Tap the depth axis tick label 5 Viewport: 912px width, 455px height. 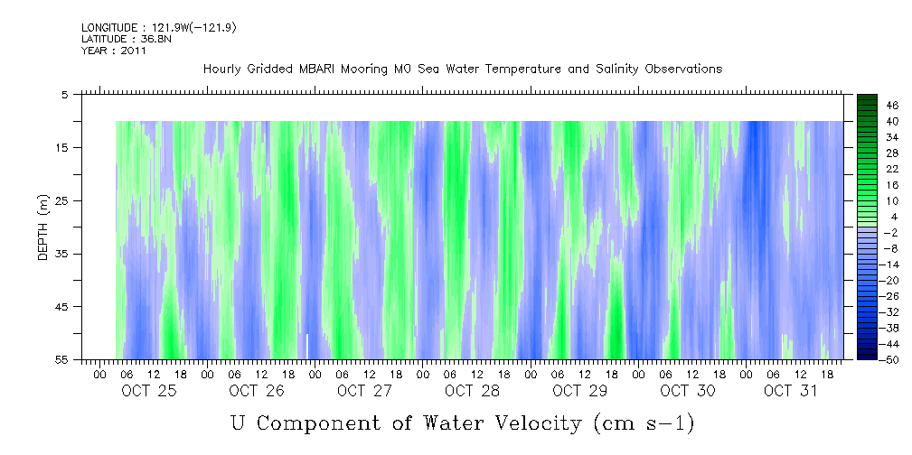pos(67,94)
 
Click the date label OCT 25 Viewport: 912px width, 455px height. pos(149,391)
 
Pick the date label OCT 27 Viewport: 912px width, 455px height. pos(364,391)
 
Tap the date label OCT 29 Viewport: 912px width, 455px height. pos(579,391)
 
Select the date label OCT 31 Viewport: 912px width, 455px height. pos(790,391)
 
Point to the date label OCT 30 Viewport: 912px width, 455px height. pos(688,391)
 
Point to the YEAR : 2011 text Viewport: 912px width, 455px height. pos(114,51)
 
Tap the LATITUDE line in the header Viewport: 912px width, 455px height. pos(122,40)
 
